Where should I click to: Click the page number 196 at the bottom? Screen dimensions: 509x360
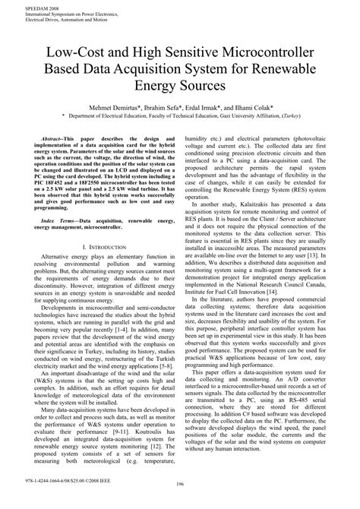point(180,504)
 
